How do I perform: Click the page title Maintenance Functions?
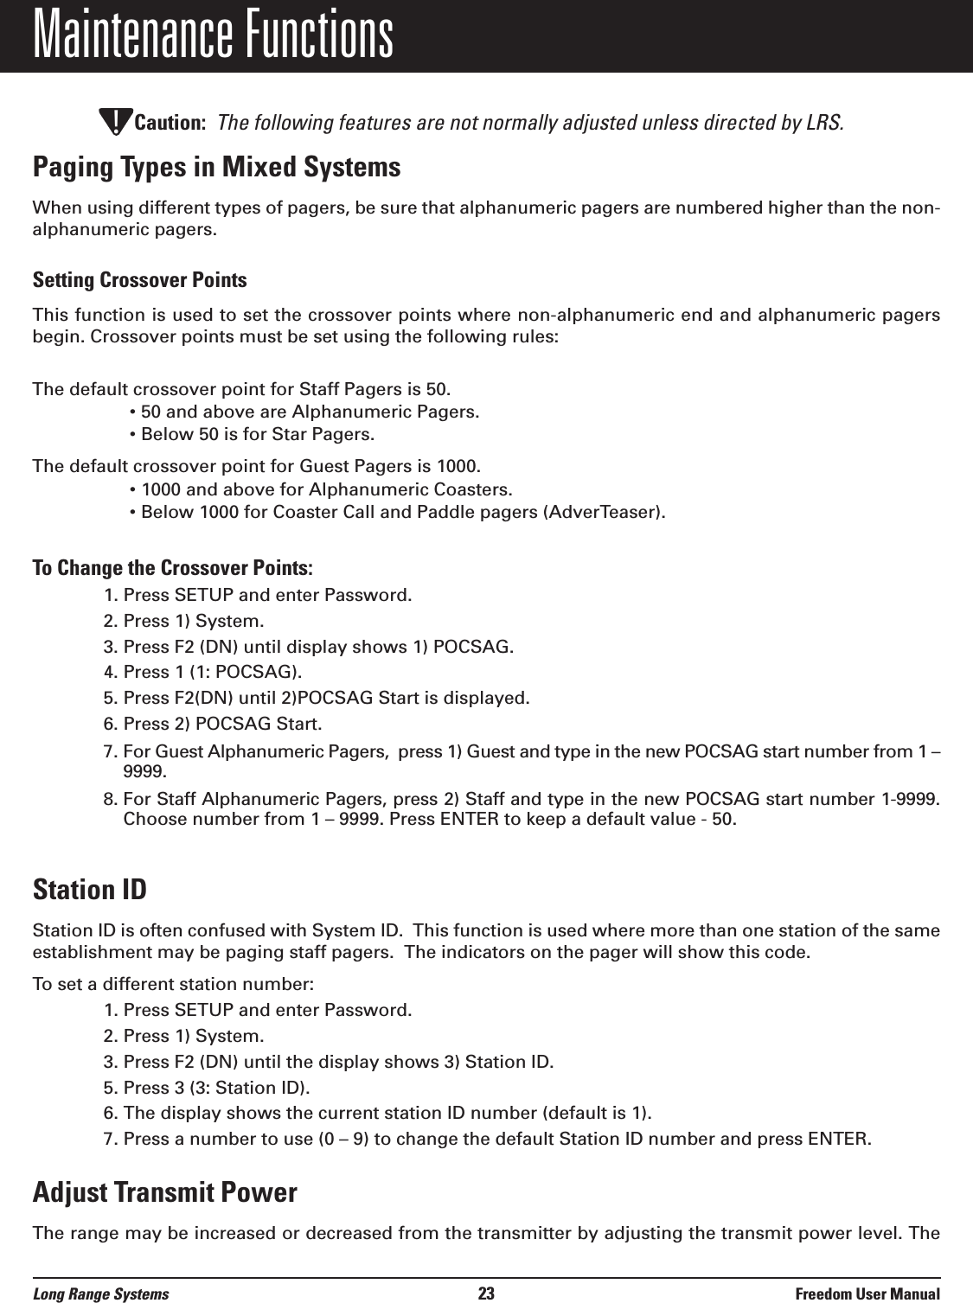tap(213, 35)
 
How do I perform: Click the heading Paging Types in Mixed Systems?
tap(216, 168)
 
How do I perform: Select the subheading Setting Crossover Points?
tap(139, 281)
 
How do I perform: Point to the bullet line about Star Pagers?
tap(251, 433)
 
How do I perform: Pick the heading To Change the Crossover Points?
tap(173, 569)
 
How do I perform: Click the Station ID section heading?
tap(89, 890)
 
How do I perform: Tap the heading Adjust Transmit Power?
tap(164, 1194)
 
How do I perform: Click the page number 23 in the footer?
tap(486, 1293)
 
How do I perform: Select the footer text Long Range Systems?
tap(101, 1293)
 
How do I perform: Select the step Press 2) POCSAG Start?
tap(222, 724)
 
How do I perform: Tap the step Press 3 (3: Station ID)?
tap(217, 1087)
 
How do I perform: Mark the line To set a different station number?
tap(173, 985)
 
